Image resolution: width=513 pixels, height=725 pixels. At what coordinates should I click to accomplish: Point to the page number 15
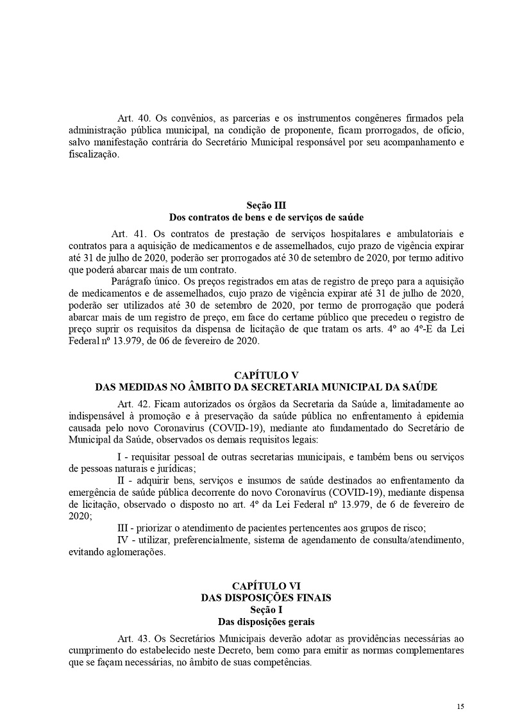460,706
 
